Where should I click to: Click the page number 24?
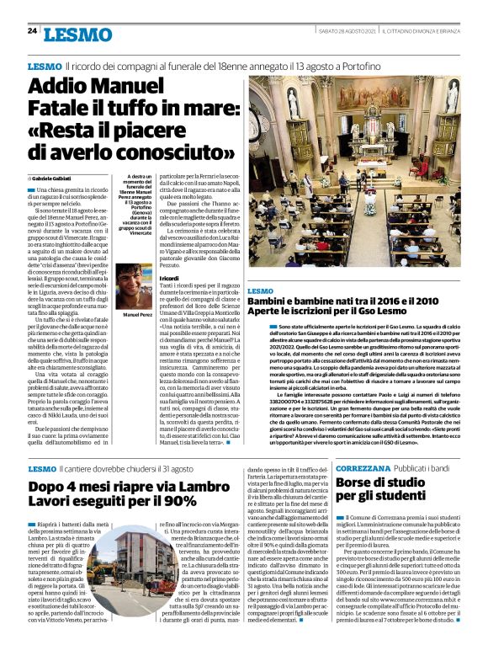pyautogui.click(x=32, y=31)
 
